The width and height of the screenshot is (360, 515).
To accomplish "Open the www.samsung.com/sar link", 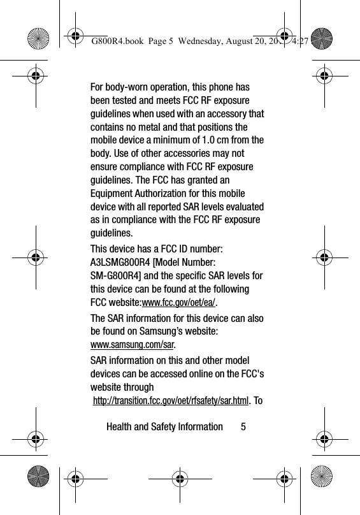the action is (133, 344).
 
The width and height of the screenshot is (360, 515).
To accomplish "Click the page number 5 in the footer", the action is (243, 426).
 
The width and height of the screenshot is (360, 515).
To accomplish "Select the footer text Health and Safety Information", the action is (164, 426).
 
